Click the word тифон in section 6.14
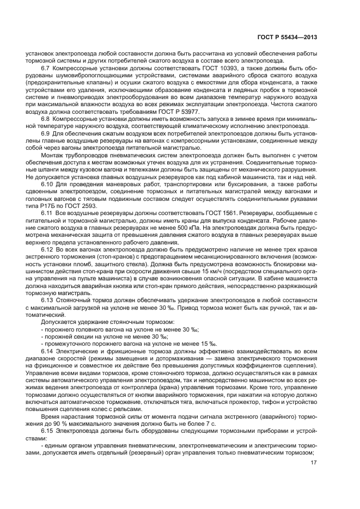251,402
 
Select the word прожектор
224,402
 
